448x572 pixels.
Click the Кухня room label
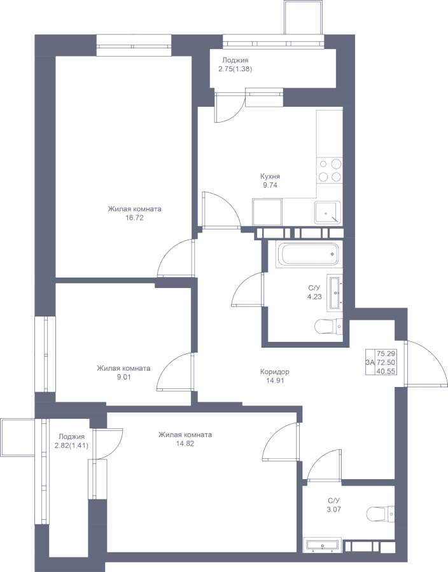pos(270,176)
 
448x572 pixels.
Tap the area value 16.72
pos(134,218)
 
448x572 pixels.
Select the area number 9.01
pos(124,377)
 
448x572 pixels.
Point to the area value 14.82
pos(185,444)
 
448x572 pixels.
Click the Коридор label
pos(274,372)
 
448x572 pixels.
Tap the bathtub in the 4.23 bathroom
pos(309,254)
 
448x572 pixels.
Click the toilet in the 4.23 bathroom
pos(328,326)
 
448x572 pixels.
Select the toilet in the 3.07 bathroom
pos(381,515)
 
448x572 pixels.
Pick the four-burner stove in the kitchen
pos(330,170)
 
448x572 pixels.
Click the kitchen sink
pos(328,212)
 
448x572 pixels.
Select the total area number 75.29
pos(386,353)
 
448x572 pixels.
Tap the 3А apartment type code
pos(370,362)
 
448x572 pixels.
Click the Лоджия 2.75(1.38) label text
pos(235,65)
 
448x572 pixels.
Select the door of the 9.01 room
pos(176,372)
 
